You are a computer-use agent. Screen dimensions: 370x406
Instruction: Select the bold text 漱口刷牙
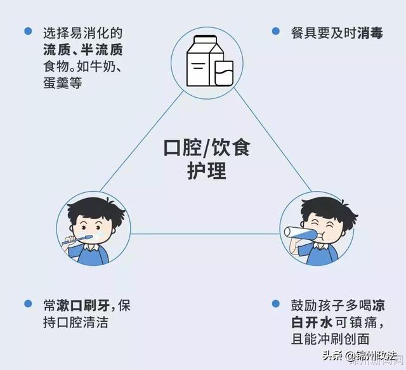coord(85,305)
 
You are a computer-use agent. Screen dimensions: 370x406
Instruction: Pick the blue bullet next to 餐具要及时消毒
coord(276,30)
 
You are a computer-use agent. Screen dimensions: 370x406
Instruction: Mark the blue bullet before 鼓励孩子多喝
coord(276,304)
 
